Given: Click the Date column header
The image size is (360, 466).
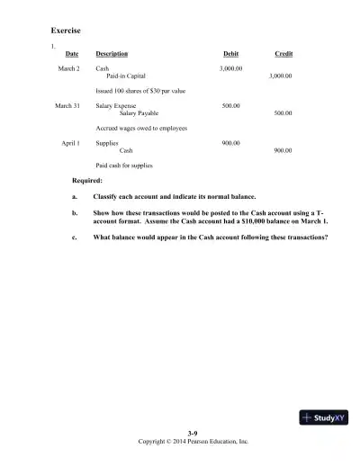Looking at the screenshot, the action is [72, 54].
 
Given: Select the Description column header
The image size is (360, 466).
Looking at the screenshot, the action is [112, 54].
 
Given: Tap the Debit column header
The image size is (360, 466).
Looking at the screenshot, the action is [230, 54].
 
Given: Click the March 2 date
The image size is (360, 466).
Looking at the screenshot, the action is [69, 68].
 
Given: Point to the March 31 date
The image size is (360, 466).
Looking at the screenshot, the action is [67, 106].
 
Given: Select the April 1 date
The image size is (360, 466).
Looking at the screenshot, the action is [70, 143].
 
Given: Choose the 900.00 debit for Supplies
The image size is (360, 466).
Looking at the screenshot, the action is [230, 143].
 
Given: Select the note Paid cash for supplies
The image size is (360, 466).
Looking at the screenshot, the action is [123, 166].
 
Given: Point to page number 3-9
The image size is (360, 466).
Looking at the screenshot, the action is [192, 435].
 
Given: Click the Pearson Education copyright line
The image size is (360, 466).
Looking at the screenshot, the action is [192, 442].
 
